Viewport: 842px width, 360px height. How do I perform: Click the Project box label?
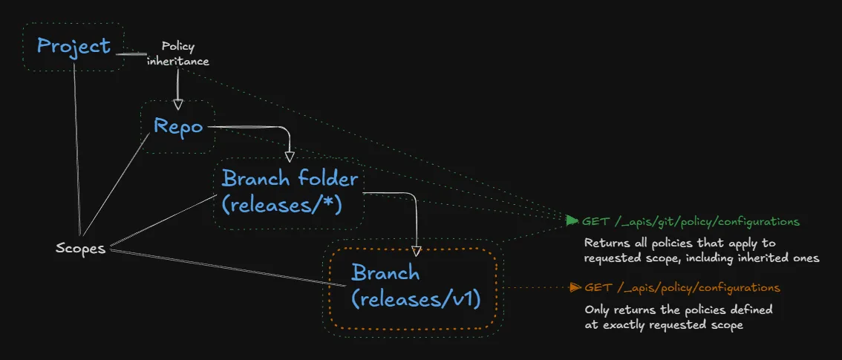[74, 46]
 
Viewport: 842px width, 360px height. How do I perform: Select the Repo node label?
[178, 126]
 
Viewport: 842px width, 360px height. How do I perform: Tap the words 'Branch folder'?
[290, 179]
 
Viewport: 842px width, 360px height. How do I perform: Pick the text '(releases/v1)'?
[417, 298]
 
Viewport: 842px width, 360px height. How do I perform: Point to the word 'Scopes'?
[80, 248]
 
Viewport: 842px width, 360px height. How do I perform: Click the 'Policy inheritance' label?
[177, 53]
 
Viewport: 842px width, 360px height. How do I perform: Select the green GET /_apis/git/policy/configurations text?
[691, 221]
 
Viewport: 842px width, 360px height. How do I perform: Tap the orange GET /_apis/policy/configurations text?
[682, 287]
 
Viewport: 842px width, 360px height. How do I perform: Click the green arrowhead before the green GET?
[572, 220]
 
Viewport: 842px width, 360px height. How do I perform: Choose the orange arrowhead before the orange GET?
[574, 287]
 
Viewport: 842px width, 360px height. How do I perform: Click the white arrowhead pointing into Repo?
[177, 104]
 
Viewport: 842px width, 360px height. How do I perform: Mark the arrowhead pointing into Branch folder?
[290, 157]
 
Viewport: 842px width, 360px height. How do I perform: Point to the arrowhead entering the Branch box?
[417, 251]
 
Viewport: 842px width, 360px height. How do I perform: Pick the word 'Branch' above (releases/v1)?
[385, 273]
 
